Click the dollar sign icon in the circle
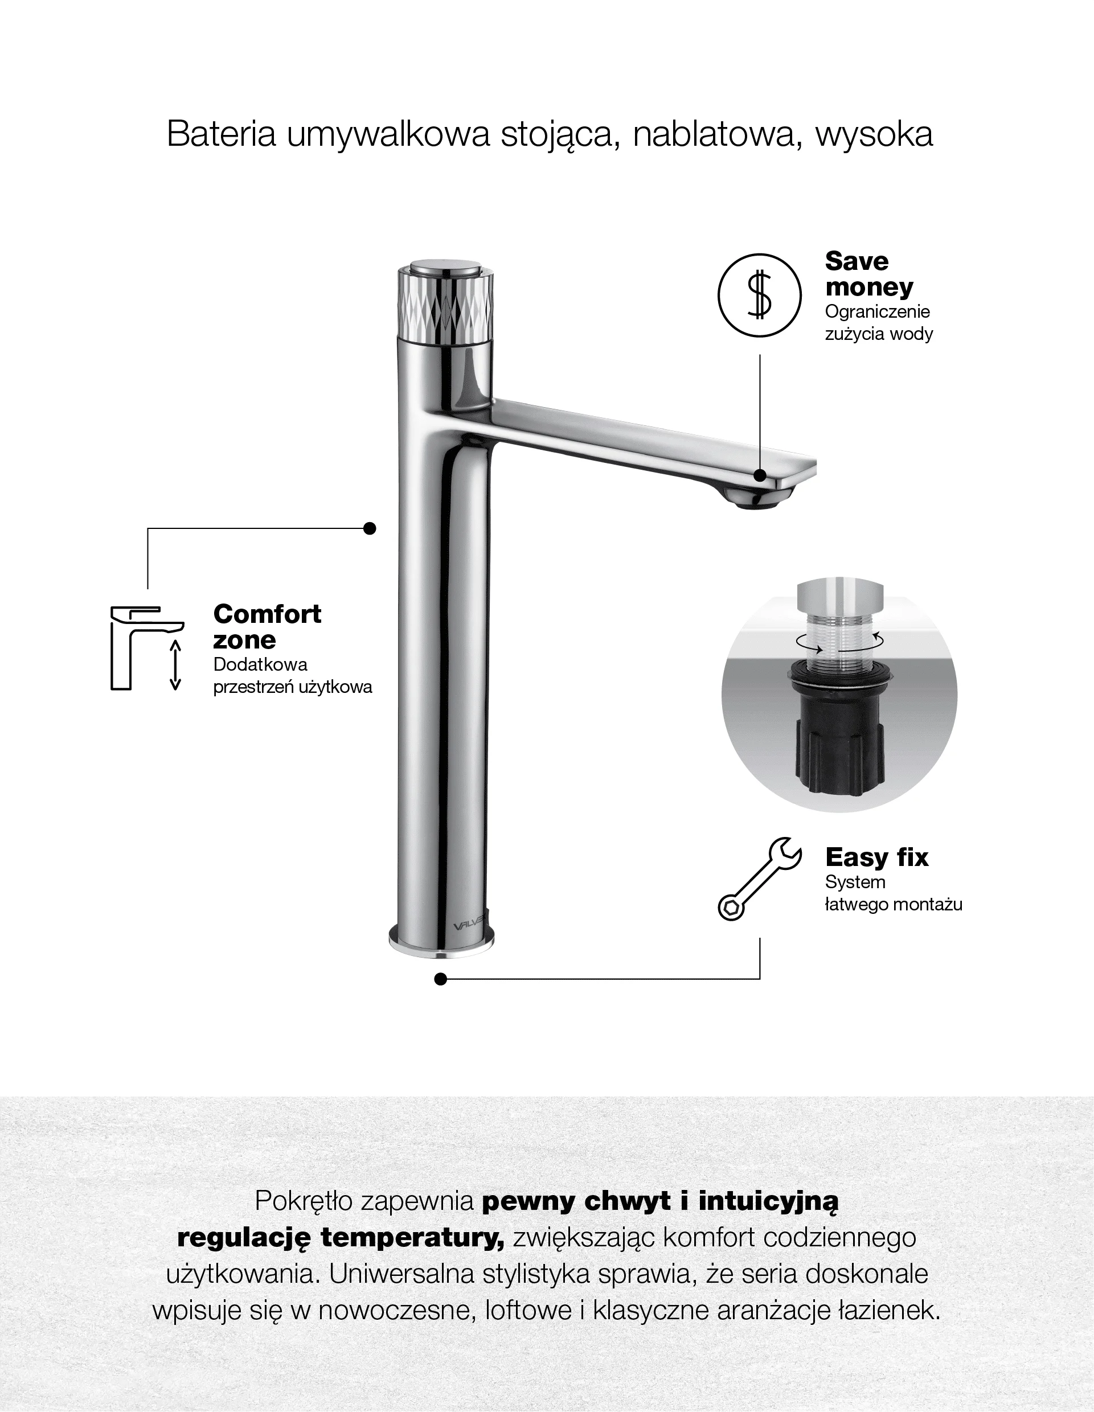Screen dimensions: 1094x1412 tap(759, 295)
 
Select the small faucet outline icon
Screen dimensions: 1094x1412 tap(147, 648)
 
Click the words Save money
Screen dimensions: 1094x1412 tap(869, 273)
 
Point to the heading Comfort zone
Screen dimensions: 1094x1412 tap(267, 626)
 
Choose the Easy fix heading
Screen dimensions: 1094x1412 tap(877, 857)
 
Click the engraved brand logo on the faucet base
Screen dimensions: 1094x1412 tap(469, 926)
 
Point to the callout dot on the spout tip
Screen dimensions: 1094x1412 tap(760, 475)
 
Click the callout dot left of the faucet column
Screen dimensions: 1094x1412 tap(370, 528)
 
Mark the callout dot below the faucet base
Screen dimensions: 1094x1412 tap(441, 979)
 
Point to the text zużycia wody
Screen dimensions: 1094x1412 tap(879, 334)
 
